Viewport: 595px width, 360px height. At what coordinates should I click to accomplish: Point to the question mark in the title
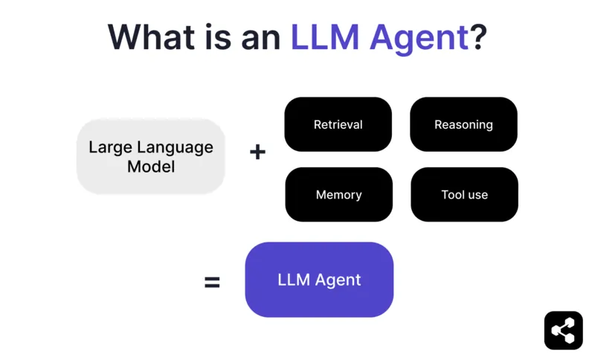coord(478,37)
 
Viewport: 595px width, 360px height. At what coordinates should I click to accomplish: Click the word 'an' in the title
coord(263,37)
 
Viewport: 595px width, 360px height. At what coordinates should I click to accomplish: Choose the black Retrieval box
coord(338,124)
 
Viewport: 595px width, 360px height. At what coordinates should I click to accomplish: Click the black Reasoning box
coord(463,124)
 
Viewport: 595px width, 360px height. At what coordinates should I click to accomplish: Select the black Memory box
coord(338,194)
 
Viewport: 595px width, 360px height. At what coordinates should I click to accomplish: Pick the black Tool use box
coord(464,194)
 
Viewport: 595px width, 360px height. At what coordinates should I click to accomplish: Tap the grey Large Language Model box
coord(151,156)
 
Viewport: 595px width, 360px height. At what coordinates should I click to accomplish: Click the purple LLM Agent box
coord(319,280)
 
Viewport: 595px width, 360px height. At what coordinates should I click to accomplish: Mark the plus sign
coord(257,152)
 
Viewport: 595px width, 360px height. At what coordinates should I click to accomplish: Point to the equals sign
coord(213,282)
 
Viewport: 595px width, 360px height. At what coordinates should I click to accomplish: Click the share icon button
coord(563,330)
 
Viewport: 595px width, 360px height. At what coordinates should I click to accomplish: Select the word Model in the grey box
coord(151,167)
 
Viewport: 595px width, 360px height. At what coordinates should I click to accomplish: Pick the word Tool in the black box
coord(452,194)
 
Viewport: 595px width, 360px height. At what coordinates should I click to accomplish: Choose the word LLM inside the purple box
coord(293,280)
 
